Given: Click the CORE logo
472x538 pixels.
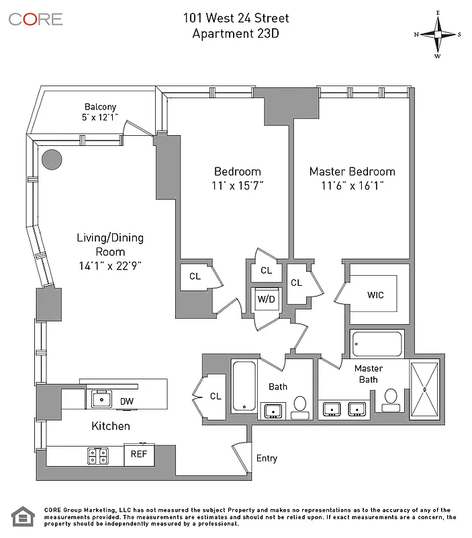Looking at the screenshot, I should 36,18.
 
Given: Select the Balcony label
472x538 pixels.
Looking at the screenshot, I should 101,107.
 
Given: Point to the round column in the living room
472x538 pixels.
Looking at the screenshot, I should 52,159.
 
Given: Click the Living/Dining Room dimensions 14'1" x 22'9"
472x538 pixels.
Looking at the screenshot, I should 109,265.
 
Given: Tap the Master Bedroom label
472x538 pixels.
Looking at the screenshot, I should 352,171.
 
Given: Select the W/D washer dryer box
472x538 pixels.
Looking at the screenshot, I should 267,299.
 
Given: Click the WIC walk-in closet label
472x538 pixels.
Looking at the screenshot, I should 375,295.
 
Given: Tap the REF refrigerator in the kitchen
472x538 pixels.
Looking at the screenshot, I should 139,454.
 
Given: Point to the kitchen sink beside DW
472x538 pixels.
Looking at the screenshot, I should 101,399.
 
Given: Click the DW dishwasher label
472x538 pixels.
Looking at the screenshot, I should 126,401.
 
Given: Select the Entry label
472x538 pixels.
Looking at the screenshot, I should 267,459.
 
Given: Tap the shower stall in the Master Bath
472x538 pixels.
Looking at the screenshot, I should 424,390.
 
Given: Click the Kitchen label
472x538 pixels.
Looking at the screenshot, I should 111,426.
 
